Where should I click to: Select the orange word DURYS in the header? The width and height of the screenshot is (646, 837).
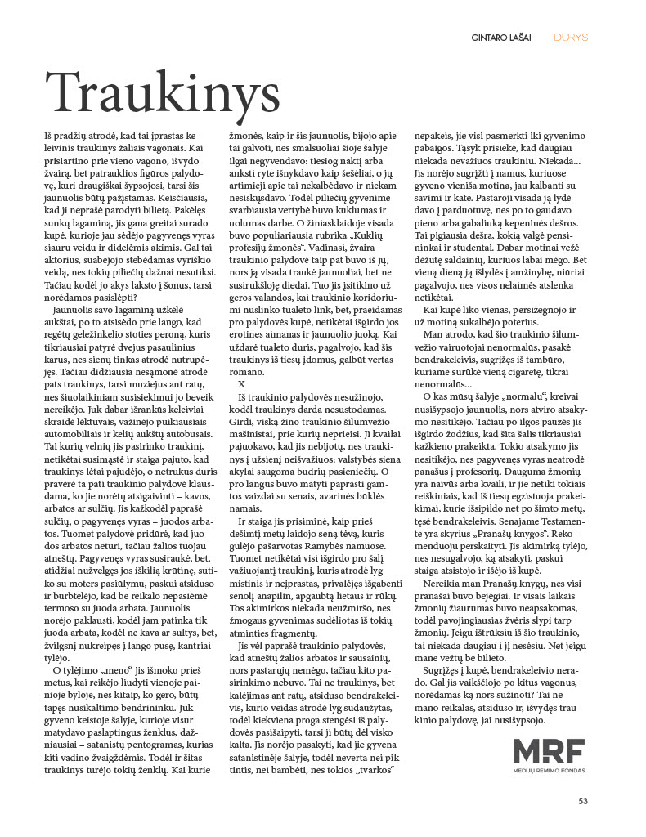[x=571, y=37]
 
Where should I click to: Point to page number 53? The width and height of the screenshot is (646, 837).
[x=583, y=800]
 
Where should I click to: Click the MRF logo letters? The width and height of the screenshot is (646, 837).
[x=550, y=751]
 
